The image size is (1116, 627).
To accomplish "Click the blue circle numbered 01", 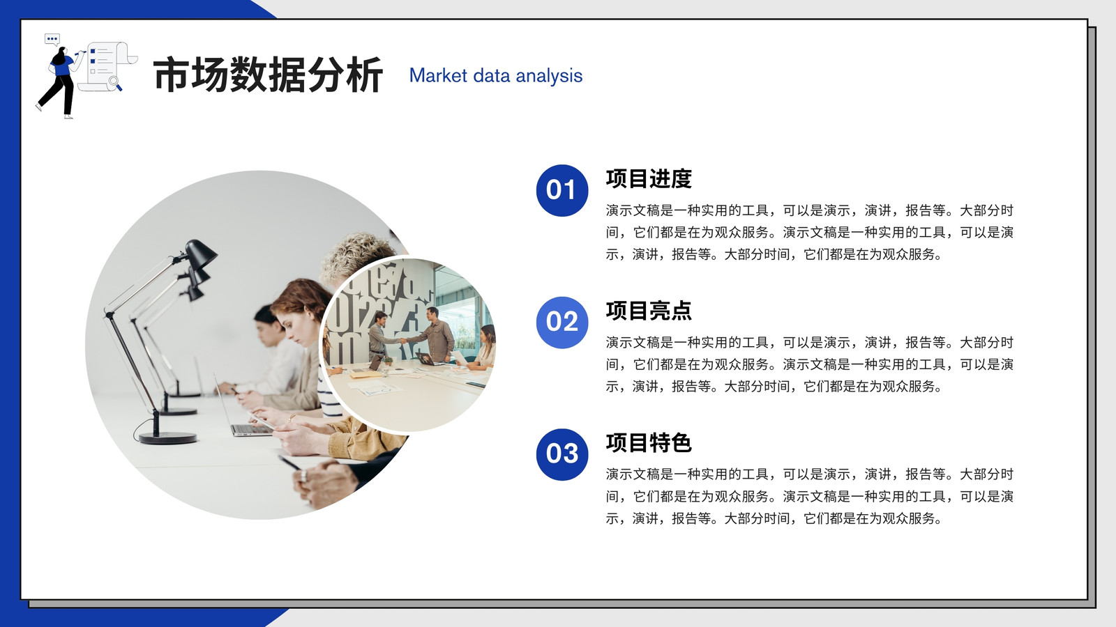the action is (562, 191).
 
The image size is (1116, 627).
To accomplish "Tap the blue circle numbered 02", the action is (562, 323).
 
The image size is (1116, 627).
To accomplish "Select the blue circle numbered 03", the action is (562, 454).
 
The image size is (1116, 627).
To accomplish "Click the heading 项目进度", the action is (649, 178).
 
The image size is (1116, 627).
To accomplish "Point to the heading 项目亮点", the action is (649, 311).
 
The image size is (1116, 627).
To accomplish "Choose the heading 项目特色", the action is (649, 442).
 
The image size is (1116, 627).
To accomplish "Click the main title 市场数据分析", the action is (268, 75).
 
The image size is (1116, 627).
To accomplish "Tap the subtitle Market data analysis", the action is (496, 76).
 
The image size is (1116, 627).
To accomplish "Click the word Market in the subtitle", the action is (439, 76).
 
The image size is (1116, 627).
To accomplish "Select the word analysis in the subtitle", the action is (549, 77).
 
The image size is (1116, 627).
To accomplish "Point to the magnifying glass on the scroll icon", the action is (115, 83).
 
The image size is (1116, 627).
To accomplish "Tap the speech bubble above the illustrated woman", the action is (52, 39).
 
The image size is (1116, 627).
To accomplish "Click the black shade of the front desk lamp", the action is (199, 253).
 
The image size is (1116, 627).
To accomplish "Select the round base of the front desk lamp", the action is (167, 438).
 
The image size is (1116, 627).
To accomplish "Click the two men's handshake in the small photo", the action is (403, 341).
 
